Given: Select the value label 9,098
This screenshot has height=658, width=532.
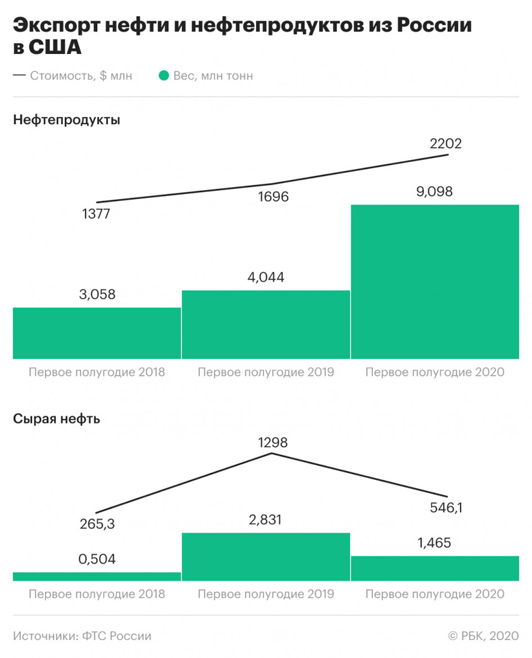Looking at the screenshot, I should [435, 192].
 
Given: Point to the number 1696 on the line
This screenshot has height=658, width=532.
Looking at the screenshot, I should [272, 196].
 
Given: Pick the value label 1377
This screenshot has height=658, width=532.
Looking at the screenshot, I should [96, 214].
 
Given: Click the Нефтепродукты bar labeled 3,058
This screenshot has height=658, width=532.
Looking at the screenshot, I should [97, 333].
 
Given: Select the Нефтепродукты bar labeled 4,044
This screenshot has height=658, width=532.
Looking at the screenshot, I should [265, 325].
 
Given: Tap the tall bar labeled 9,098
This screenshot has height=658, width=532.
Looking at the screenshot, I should [435, 281].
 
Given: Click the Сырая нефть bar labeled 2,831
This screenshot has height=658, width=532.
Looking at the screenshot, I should [265, 557].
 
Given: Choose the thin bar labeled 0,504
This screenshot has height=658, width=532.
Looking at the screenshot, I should [97, 576].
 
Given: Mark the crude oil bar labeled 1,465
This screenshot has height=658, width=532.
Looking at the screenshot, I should [435, 568].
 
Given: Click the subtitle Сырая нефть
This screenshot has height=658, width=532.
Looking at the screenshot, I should [56, 419].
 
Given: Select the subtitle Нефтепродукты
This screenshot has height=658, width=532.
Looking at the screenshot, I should [66, 120].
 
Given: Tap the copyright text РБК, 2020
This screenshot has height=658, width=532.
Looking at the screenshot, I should [489, 636].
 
